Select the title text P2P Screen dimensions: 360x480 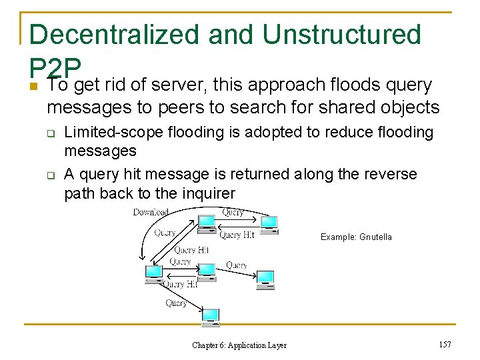click(x=55, y=67)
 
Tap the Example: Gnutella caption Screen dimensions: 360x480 click(x=356, y=237)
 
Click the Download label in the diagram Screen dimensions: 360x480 click(x=151, y=212)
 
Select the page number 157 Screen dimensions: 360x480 click(x=445, y=344)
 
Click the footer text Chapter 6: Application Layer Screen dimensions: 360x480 click(x=239, y=345)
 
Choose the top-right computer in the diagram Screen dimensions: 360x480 click(x=269, y=225)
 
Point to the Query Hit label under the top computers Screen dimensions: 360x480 click(x=237, y=235)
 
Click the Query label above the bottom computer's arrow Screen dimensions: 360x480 click(x=176, y=303)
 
